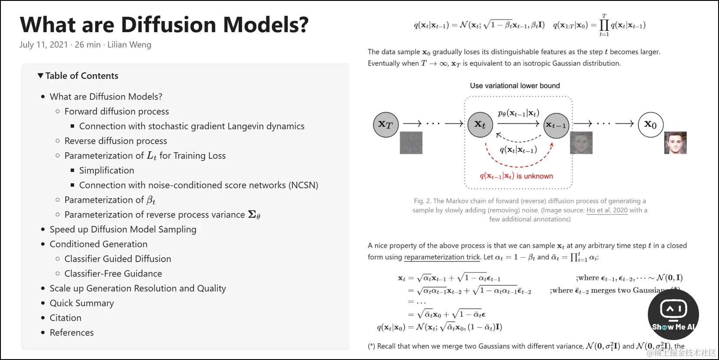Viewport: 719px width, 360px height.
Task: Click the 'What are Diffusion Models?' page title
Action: (x=164, y=25)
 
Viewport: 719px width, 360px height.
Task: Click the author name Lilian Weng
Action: (x=129, y=45)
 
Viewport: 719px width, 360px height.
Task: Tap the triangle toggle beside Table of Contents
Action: (x=40, y=76)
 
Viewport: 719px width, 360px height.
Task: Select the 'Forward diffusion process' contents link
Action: (x=116, y=112)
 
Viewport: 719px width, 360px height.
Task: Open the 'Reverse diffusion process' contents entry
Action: (x=115, y=141)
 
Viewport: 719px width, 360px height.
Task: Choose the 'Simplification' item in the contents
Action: (x=106, y=171)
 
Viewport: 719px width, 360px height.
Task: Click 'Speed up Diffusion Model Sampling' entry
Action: (x=123, y=230)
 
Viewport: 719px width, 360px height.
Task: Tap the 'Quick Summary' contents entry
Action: (x=82, y=304)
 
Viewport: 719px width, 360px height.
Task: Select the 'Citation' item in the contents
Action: (x=65, y=318)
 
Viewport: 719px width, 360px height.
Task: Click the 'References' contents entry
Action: (x=72, y=333)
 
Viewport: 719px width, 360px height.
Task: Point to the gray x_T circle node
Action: (x=386, y=125)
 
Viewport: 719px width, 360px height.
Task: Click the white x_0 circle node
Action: (x=650, y=125)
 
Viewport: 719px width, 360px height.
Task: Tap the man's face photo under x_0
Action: (x=675, y=143)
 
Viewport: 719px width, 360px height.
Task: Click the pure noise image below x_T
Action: (x=411, y=143)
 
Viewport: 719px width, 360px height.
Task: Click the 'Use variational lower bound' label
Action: (x=515, y=86)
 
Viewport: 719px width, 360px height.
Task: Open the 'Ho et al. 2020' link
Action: (x=607, y=211)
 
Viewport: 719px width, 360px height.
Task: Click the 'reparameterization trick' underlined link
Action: (x=442, y=258)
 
